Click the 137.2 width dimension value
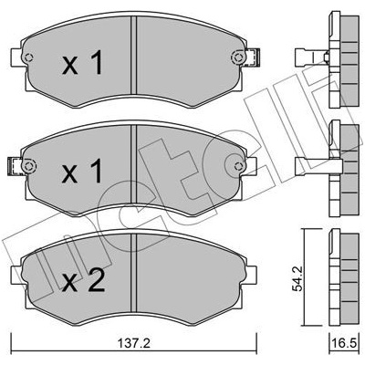tap(134, 344)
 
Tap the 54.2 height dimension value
tap(297, 278)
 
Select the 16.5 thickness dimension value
tap(347, 344)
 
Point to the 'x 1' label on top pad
tap(82, 63)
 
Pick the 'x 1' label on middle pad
tap(82, 172)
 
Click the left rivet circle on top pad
tap(28, 57)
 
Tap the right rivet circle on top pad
tap(238, 57)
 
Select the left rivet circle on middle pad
tap(29, 166)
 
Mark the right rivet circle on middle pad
tap(239, 166)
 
